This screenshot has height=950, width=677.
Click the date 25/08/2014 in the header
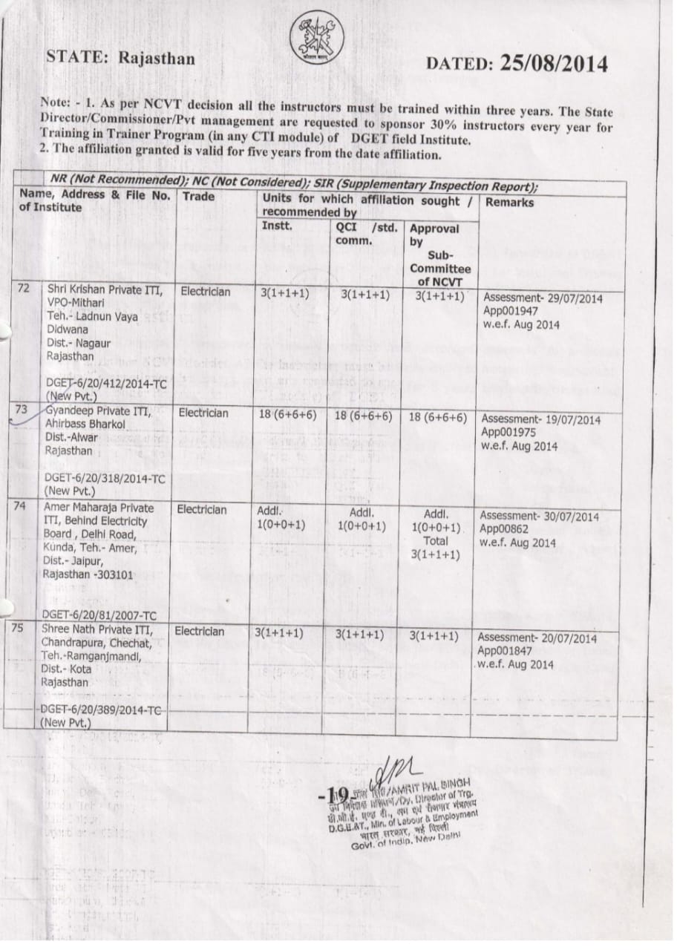pos(554,64)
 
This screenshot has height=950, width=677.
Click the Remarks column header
pos(510,202)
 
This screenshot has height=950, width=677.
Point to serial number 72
pos(24,288)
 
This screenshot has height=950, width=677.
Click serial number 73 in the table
pos(21,409)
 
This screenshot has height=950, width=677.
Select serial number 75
pos(19,627)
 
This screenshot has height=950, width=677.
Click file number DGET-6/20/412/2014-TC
pos(104,382)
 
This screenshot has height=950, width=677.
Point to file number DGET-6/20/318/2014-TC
pos(105,478)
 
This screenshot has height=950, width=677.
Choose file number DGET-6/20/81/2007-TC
pos(99,615)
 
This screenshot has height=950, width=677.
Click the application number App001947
pos(510,311)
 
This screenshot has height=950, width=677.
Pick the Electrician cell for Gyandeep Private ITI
pos(203,413)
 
